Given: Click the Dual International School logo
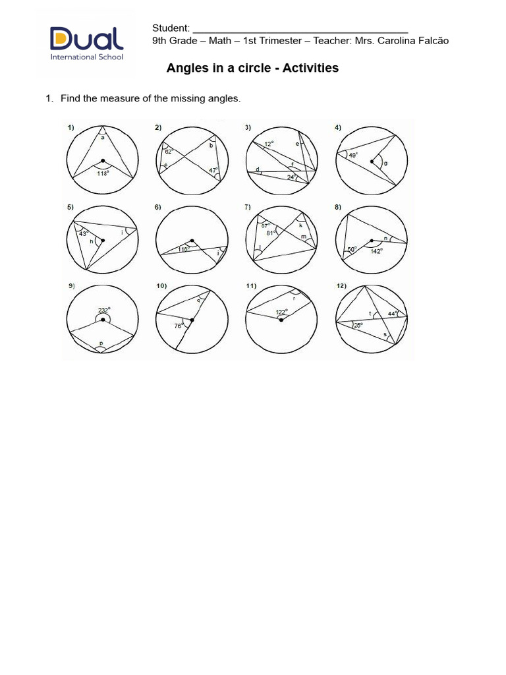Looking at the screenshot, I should [x=86, y=44].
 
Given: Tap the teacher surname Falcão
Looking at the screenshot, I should [x=431, y=41].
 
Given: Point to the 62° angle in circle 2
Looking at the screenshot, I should [x=169, y=151].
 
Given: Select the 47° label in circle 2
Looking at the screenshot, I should [x=213, y=170].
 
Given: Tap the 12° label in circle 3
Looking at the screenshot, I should [x=267, y=143].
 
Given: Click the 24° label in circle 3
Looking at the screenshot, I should [x=291, y=177].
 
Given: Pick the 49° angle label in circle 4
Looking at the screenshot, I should [x=353, y=156].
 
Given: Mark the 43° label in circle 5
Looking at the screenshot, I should [x=83, y=233].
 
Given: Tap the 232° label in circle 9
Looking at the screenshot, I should [x=104, y=310].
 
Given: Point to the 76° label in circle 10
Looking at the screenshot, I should [x=179, y=326].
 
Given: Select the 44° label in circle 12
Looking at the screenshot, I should [x=393, y=314].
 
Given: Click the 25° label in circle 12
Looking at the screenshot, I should [x=358, y=325].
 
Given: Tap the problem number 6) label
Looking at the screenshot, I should [x=158, y=207].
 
